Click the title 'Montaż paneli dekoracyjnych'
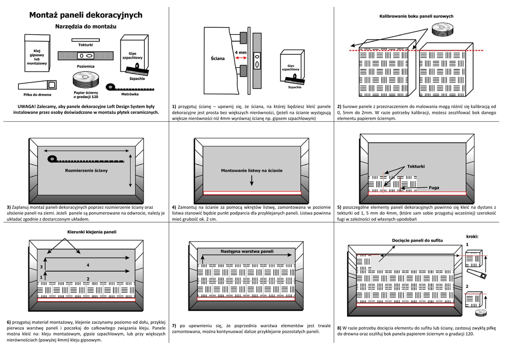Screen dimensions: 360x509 click(85, 15)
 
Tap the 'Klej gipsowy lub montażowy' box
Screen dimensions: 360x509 click(37, 56)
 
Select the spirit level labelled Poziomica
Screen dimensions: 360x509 click(85, 56)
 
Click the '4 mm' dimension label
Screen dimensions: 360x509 click(241, 52)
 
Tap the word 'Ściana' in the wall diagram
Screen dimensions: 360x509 click(217, 58)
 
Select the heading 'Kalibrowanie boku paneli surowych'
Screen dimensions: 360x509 click(417, 16)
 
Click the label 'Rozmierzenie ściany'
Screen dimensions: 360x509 click(86, 171)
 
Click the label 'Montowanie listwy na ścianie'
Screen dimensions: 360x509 click(252, 171)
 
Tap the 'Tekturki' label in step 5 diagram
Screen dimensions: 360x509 click(416, 166)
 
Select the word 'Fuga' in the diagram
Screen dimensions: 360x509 click(434, 187)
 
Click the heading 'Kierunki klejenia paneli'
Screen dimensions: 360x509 click(91, 232)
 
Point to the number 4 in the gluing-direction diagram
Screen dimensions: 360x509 click(88, 265)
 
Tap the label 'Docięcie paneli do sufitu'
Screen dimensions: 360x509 click(417, 241)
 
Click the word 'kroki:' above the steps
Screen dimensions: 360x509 click(472, 236)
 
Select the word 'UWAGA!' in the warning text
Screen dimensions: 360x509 click(27, 106)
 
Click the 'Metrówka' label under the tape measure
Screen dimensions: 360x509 click(130, 94)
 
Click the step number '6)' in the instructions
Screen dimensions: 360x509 click(9, 322)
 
